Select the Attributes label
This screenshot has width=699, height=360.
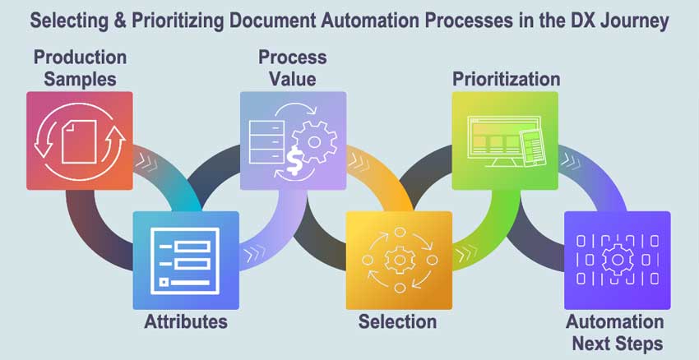click(186, 321)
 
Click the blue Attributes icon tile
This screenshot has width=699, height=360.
click(186, 260)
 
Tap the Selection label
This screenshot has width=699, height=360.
click(397, 321)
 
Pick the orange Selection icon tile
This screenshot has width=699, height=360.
click(398, 260)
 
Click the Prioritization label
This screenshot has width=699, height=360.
click(506, 79)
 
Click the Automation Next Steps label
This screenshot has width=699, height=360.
click(615, 331)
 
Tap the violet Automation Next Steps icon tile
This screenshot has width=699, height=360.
click(617, 260)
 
